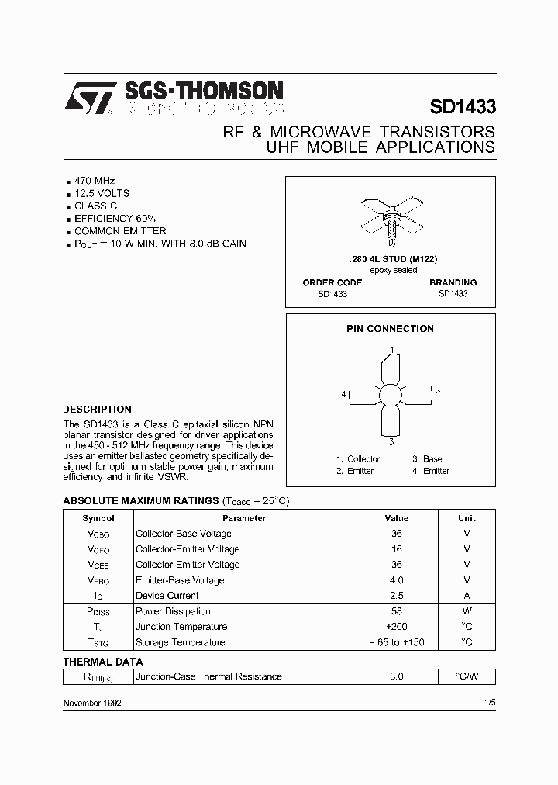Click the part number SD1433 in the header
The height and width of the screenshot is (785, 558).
tap(462, 107)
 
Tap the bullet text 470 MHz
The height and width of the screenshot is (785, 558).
tap(95, 180)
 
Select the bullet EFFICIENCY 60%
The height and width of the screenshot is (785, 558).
tap(115, 219)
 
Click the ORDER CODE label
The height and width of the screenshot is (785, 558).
tap(332, 282)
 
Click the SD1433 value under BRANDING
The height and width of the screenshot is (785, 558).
tap(453, 295)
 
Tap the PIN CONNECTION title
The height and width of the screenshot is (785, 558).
tap(390, 329)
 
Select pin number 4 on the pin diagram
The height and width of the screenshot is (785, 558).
tap(343, 394)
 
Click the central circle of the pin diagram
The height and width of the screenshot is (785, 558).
tap(391, 394)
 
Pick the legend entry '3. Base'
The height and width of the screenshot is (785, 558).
tap(427, 459)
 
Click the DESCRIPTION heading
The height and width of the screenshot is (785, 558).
tap(97, 409)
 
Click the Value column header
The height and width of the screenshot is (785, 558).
tap(396, 518)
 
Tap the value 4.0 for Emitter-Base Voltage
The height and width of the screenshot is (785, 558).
tap(396, 580)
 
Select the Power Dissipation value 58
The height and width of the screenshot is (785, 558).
tap(396, 611)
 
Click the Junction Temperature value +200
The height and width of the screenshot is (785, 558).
tap(396, 627)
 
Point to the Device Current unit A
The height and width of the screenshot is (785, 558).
tap(467, 596)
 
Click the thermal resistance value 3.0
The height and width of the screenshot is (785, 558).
tap(396, 676)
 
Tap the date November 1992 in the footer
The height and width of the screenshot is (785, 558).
tap(91, 702)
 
